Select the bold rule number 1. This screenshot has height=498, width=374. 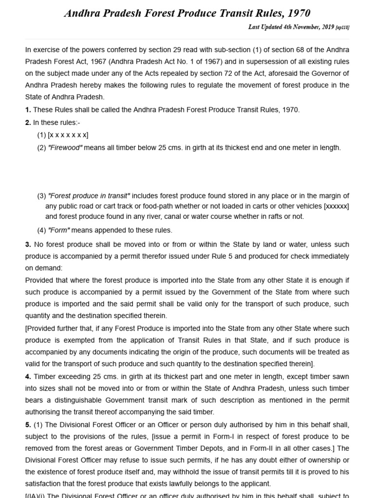(28, 109)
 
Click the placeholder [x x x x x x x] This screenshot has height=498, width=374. (68, 135)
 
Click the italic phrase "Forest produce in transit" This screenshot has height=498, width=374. (89, 196)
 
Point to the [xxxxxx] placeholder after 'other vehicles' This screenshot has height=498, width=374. (337, 206)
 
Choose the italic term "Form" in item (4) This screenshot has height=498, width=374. (59, 230)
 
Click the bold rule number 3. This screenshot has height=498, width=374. (28, 244)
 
